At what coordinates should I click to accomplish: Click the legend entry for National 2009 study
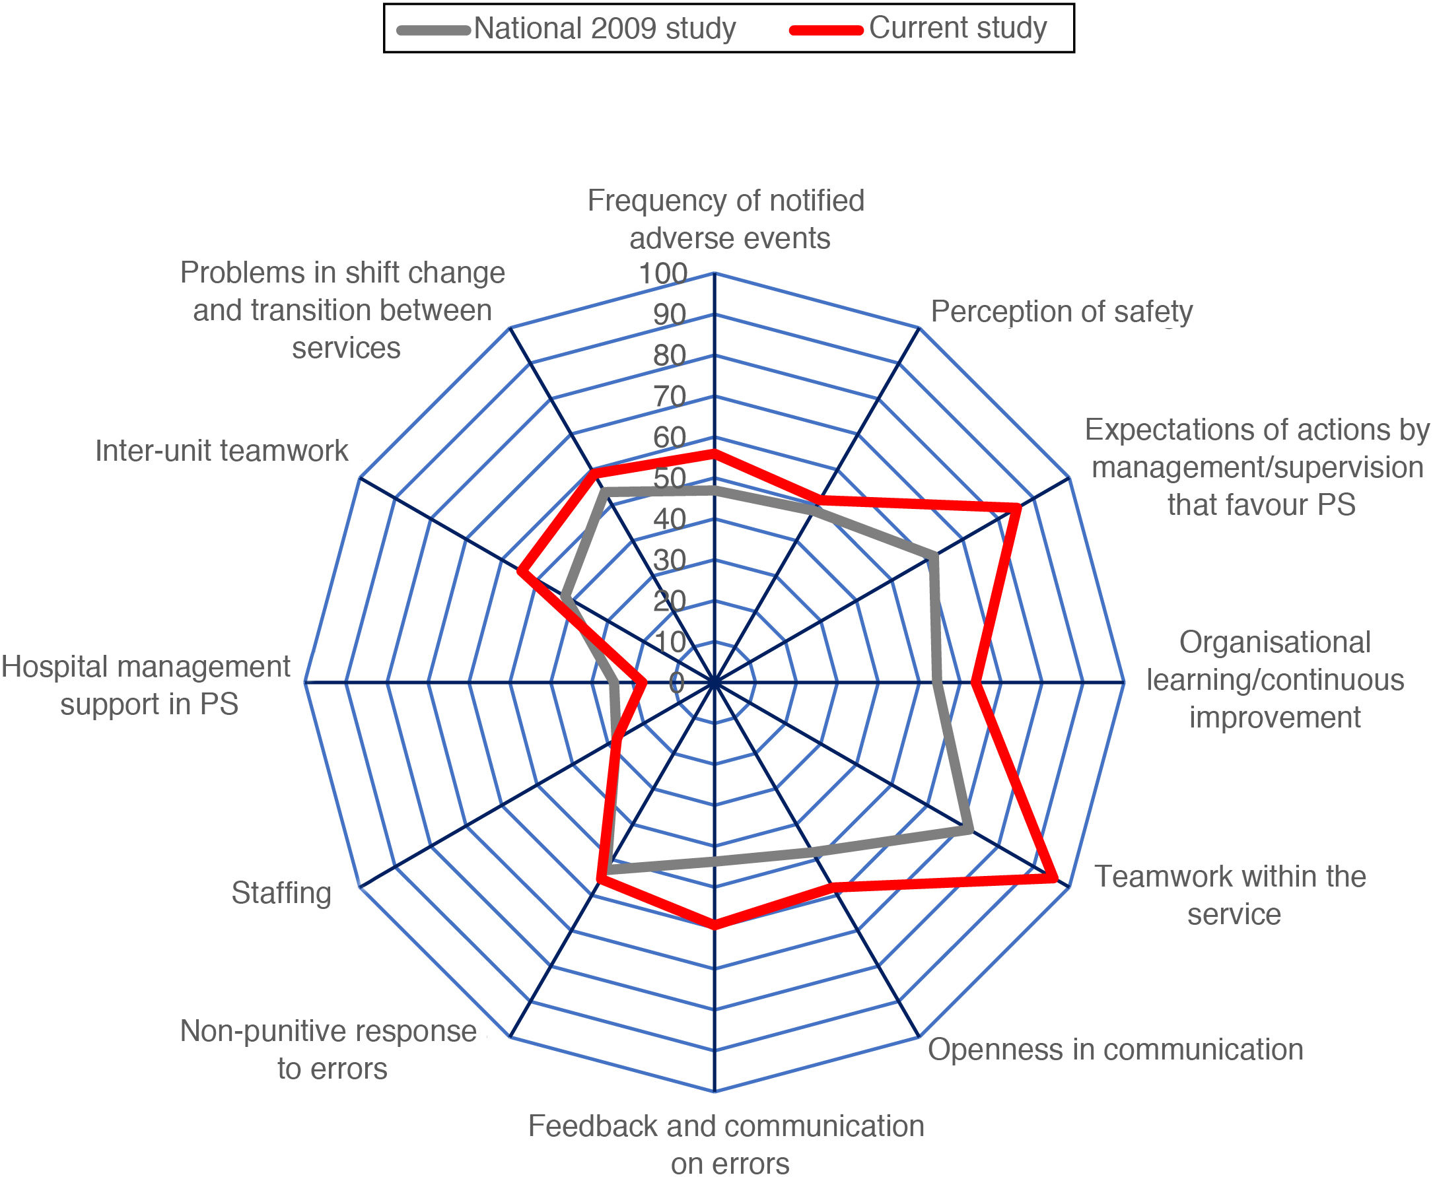click(x=604, y=28)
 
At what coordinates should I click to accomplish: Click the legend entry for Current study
click(x=957, y=28)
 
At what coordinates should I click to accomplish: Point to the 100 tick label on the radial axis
click(x=662, y=273)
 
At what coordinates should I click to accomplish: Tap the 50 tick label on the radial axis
click(x=670, y=479)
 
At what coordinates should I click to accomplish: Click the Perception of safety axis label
click(x=1061, y=312)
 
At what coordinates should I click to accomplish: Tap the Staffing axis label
click(x=281, y=893)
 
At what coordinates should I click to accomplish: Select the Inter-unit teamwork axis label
click(x=221, y=451)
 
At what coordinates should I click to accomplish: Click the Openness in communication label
click(x=1115, y=1050)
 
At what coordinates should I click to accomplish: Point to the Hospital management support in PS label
click(x=146, y=685)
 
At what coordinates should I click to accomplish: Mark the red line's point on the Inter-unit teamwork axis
click(x=521, y=572)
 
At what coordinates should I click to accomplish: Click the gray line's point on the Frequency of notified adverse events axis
click(x=714, y=490)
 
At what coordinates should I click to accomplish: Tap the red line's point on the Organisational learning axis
click(x=975, y=683)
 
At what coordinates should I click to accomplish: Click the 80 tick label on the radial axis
click(x=670, y=356)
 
